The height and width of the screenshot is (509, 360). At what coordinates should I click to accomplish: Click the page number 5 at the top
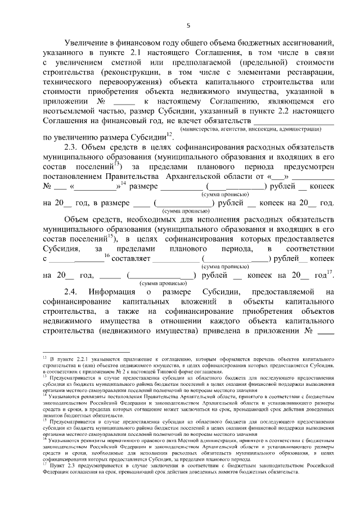tap(188, 25)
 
